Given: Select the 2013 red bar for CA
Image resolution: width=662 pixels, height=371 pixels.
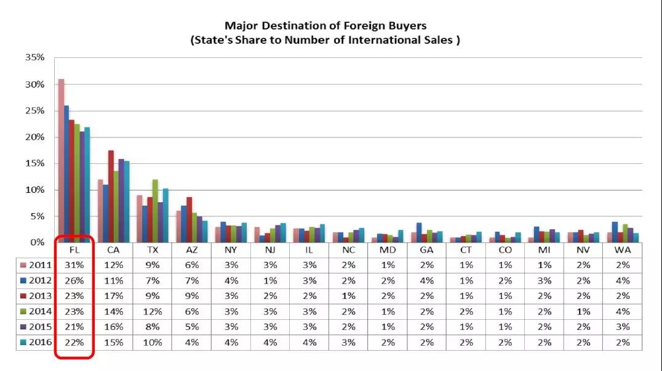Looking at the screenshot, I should [x=111, y=196].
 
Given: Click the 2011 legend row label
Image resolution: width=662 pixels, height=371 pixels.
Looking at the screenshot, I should [x=35, y=265].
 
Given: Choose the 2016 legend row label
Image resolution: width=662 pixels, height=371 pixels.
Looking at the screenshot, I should [x=35, y=342].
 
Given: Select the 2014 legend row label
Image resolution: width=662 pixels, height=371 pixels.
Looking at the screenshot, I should [x=35, y=311].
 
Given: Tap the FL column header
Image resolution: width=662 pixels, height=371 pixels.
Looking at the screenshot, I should [x=74, y=250].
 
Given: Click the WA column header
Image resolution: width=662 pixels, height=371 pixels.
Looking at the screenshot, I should [x=623, y=250].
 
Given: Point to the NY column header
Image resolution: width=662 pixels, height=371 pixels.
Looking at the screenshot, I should [x=231, y=250].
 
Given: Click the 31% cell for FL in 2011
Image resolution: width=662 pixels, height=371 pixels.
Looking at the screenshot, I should [x=74, y=265].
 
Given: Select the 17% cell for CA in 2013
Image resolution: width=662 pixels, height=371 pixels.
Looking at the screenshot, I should [x=113, y=296].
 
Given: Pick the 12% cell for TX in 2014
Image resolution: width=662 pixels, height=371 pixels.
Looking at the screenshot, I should [x=152, y=311].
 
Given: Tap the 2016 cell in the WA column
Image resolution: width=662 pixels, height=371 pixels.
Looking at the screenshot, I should [x=623, y=342].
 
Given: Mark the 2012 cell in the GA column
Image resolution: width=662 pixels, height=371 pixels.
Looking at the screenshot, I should [x=426, y=280].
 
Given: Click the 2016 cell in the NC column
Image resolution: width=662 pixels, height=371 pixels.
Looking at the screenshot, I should [x=348, y=342].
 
